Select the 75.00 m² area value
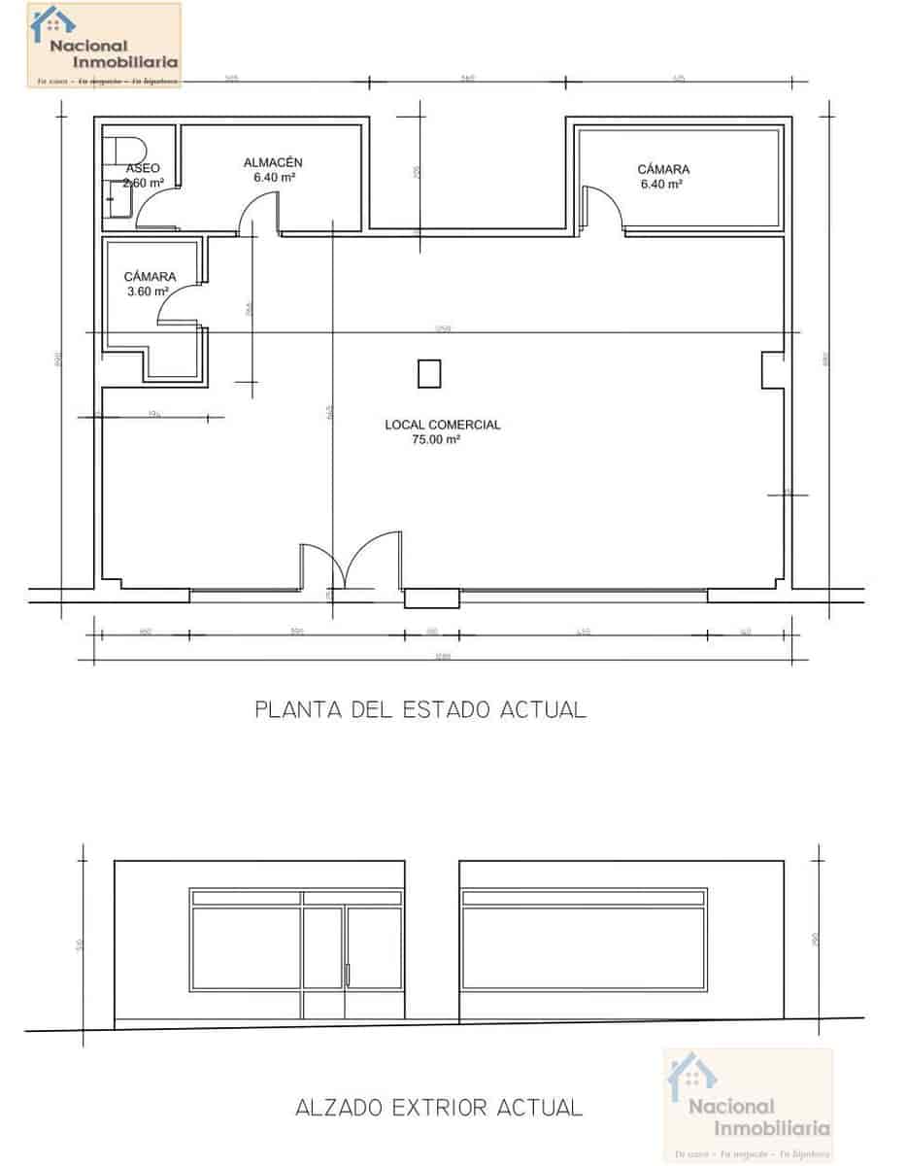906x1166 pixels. (436, 439)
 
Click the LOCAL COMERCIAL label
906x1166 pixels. (443, 425)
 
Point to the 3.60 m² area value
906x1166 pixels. (148, 291)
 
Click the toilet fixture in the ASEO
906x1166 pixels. (126, 151)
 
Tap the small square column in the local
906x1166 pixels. (428, 373)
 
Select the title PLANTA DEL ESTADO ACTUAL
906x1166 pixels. (420, 709)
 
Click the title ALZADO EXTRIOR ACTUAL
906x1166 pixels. (439, 1107)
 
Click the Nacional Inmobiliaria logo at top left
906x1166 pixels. (104, 45)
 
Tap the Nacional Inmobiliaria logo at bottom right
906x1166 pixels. (748, 1106)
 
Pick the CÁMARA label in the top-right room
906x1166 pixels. (663, 169)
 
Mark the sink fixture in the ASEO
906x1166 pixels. (121, 203)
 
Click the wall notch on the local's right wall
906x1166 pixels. (772, 370)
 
